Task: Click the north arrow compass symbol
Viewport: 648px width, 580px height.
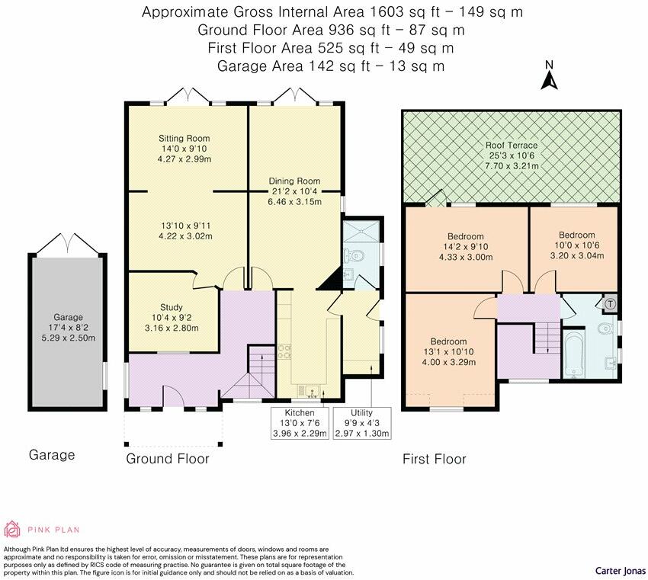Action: pos(548,78)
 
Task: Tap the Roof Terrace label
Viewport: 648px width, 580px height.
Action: pos(512,145)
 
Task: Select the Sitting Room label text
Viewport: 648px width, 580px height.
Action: pos(184,138)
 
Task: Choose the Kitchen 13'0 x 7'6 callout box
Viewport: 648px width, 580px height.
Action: pos(300,423)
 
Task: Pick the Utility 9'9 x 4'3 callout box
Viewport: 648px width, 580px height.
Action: pos(361,423)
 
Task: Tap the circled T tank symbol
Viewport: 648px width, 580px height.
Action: pos(611,303)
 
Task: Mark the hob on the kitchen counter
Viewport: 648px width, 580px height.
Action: pos(286,351)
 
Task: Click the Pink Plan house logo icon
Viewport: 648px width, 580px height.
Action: pos(13,529)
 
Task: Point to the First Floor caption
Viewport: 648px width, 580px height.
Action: pos(434,459)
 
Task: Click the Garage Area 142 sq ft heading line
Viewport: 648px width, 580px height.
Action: pos(331,66)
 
